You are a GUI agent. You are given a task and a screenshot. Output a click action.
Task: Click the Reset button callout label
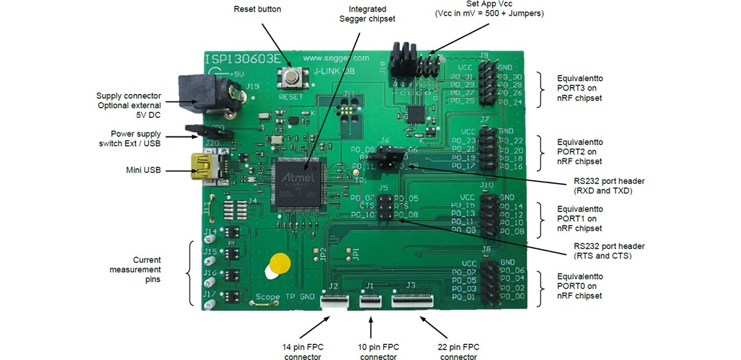257,9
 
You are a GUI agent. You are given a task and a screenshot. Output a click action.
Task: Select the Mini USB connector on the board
206,169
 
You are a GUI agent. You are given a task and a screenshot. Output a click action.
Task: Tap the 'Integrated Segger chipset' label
367,14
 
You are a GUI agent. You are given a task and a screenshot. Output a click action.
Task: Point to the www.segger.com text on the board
336,58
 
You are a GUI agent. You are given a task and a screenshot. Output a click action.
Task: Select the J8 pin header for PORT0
489,280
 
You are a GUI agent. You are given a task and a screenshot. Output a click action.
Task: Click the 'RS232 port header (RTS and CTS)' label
603,251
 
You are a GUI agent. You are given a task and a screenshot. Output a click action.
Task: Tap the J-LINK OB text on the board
333,70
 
